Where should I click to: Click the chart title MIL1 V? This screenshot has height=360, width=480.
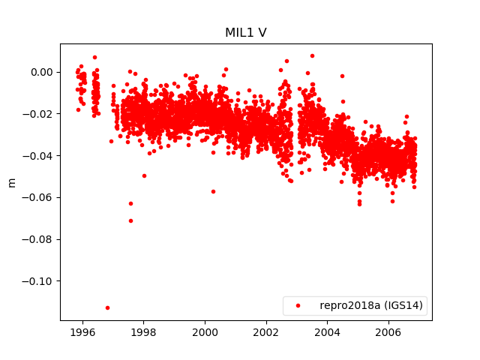tap(246, 33)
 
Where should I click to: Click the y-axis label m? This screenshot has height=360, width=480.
tap(11, 182)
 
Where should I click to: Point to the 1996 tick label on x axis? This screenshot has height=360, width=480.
tap(82, 331)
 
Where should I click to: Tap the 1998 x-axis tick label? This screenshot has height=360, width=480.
tap(143, 331)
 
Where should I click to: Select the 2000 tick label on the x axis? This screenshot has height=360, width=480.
tap(205, 331)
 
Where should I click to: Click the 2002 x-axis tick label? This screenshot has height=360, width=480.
tap(265, 331)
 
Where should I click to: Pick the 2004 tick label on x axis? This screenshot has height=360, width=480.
tap(327, 331)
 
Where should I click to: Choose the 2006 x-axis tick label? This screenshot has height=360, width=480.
tap(388, 331)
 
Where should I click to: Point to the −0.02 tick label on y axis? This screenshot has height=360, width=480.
tap(40, 114)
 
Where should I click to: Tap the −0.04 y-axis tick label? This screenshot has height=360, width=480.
tap(40, 156)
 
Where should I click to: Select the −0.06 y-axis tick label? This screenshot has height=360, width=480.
tap(40, 197)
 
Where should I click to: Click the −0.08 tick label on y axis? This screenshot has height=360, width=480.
tap(40, 239)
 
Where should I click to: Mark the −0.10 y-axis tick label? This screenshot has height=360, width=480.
tap(40, 281)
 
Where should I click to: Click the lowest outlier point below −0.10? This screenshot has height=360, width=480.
tap(107, 307)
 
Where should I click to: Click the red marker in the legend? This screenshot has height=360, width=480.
tap(298, 305)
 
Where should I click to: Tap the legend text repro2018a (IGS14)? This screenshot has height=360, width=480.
tap(371, 305)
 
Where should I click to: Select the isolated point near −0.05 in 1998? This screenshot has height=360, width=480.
tap(144, 175)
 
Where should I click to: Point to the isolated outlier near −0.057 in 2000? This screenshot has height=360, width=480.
tap(213, 191)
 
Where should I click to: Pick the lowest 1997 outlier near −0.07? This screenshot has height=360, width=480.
tap(130, 220)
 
